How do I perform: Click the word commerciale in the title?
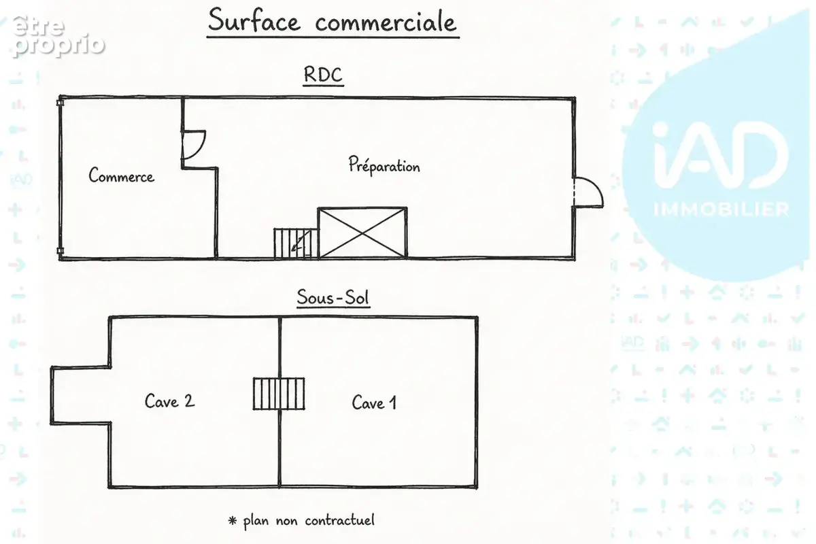click(386, 22)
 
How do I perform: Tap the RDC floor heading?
click(323, 75)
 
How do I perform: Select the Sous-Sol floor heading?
click(333, 297)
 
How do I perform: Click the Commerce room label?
click(121, 175)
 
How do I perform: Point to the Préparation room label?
click(384, 165)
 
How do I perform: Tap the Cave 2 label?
click(169, 401)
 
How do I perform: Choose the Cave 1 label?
click(374, 403)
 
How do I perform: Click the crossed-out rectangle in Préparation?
click(362, 233)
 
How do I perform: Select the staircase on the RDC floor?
click(296, 243)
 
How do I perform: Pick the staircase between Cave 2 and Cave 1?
click(279, 394)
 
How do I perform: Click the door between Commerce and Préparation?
click(194, 145)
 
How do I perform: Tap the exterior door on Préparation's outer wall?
click(588, 192)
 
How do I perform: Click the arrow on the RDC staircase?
click(301, 241)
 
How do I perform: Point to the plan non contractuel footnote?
click(309, 520)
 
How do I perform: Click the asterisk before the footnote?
click(232, 520)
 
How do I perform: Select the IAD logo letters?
click(721, 155)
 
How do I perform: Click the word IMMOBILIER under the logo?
click(721, 209)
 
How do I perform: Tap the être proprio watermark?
click(58, 36)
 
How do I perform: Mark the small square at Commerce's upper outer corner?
click(60, 103)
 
